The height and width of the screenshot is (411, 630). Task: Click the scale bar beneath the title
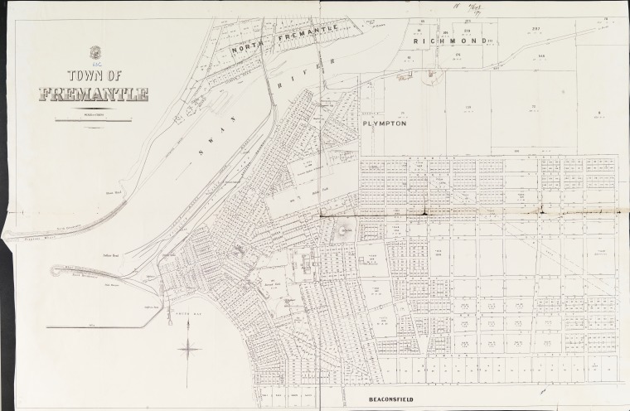click(x=93, y=120)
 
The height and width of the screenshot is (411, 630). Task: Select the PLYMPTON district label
click(x=383, y=122)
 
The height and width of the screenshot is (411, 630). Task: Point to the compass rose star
click(x=190, y=348)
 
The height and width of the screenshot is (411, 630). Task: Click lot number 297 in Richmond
click(x=536, y=28)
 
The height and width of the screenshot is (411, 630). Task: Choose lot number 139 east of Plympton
click(x=468, y=107)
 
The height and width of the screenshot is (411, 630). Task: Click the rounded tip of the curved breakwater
click(x=56, y=272)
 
